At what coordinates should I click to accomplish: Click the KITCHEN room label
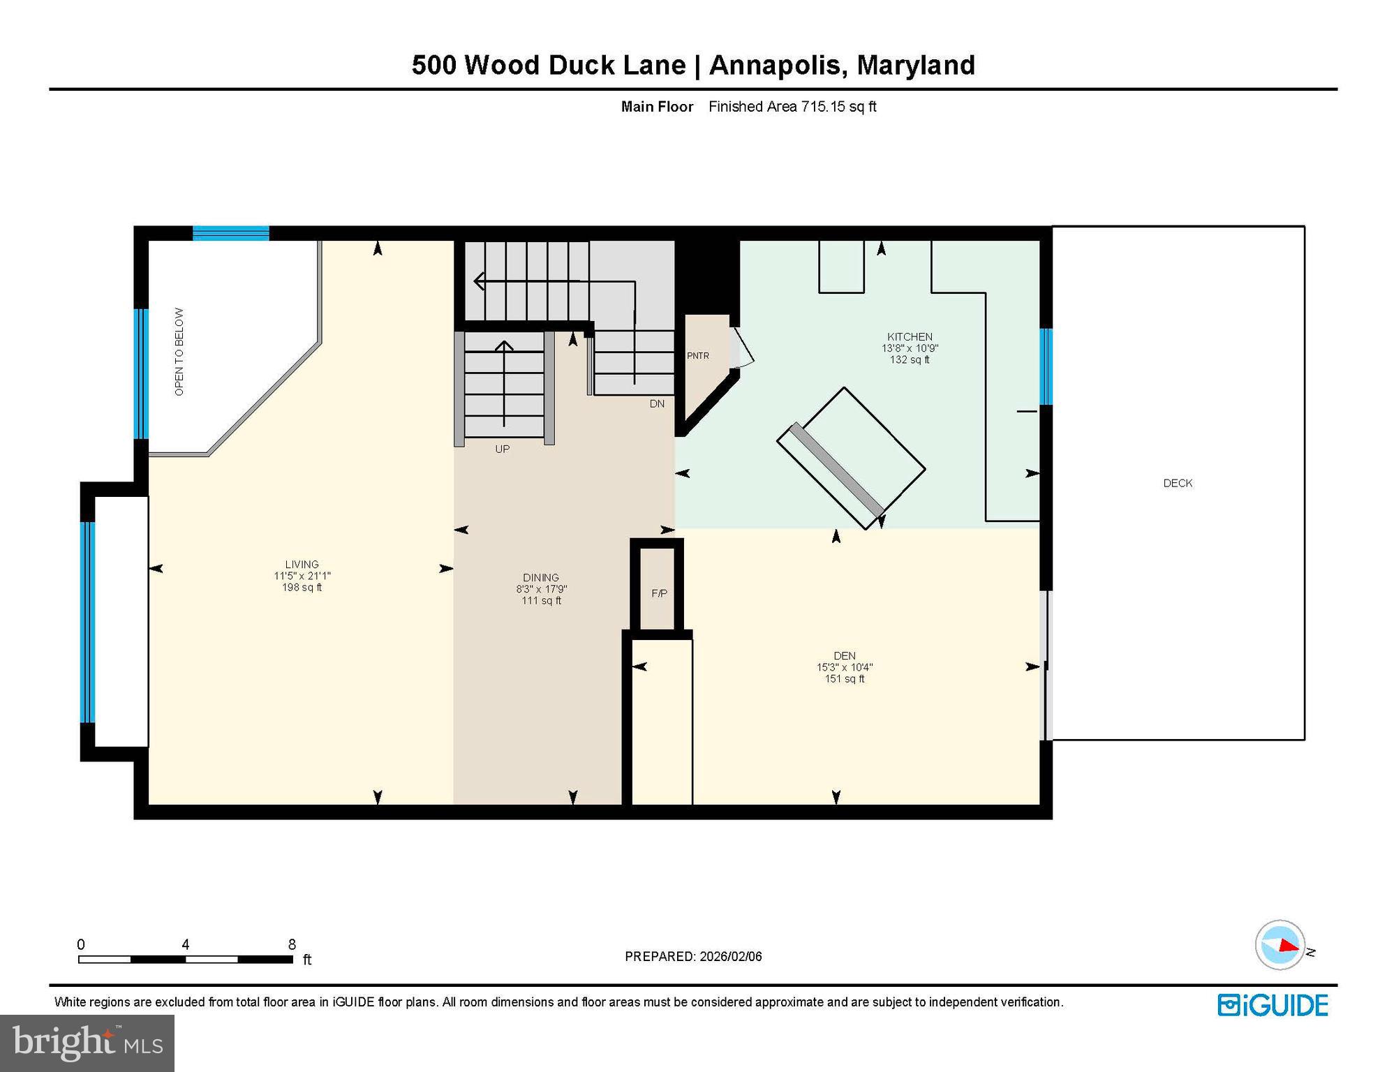point(910,336)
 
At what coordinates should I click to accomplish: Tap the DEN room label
point(844,655)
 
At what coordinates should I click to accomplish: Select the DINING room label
point(541,577)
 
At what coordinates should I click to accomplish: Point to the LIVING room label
point(302,564)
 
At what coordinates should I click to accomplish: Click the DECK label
point(1178,483)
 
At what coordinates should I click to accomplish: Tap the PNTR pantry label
point(697,356)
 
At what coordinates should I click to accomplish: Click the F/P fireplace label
point(659,593)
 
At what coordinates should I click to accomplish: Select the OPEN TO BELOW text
point(179,352)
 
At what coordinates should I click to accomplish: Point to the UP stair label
point(502,449)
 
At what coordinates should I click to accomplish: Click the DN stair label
point(657,403)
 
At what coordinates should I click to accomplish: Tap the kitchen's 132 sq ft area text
point(910,360)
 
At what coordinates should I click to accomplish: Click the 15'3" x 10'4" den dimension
point(844,667)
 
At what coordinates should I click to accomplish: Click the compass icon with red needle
point(1280,945)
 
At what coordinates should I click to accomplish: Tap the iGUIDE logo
point(1273,1005)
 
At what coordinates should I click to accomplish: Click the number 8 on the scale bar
point(292,944)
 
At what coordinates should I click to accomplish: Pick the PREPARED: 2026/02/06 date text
point(693,956)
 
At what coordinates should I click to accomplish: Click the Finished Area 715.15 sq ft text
point(792,107)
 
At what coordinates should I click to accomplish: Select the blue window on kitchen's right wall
point(1046,366)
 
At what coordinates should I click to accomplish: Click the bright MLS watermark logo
point(87,1043)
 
